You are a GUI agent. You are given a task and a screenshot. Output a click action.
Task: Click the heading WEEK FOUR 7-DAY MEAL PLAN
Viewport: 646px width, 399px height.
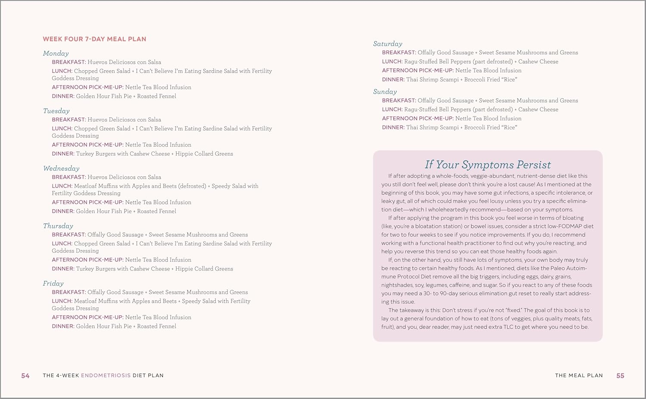94,39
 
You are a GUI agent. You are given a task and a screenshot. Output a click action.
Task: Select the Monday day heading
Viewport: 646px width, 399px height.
56,53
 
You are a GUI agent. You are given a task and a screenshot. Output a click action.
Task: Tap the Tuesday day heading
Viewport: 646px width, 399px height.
56,111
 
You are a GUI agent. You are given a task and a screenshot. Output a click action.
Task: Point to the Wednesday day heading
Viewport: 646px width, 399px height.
61,169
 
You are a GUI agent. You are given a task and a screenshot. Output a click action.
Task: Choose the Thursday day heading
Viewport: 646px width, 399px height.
58,226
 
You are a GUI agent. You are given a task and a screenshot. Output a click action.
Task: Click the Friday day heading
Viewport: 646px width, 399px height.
53,283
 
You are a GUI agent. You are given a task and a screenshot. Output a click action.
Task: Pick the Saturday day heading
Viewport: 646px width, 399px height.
388,44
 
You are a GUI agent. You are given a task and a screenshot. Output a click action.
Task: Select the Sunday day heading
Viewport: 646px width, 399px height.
385,92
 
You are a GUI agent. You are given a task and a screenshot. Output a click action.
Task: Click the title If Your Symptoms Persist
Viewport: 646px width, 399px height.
488,165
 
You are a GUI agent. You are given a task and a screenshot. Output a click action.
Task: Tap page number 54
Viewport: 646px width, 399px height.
25,376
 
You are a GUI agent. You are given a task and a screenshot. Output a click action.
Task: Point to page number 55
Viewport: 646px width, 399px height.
620,376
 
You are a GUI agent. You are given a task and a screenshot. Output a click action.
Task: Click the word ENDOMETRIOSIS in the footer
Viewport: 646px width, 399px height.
106,376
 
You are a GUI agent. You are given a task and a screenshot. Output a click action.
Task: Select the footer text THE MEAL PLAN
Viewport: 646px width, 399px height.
579,376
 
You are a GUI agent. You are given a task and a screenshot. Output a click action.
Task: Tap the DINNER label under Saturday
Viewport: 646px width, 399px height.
393,80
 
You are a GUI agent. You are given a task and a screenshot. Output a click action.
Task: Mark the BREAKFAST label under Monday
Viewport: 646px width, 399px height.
68,62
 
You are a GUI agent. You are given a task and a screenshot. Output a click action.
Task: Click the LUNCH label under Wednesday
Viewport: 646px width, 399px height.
62,186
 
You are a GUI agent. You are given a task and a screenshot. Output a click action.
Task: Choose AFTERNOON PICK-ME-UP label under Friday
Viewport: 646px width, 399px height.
87,317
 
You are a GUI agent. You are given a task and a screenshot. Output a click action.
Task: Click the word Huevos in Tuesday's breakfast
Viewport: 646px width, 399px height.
97,120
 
